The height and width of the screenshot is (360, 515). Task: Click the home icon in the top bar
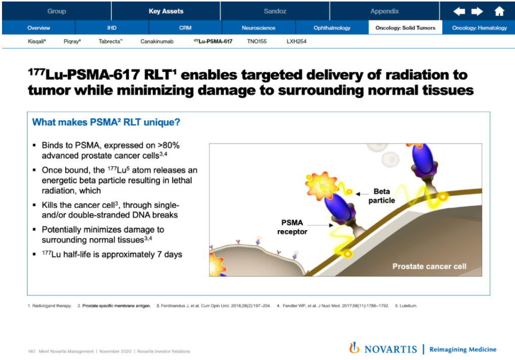click(x=499, y=11)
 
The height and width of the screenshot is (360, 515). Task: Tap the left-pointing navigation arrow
click(x=459, y=12)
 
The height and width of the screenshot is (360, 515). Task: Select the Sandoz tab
click(x=275, y=11)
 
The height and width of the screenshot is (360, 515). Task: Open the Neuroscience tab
click(x=259, y=28)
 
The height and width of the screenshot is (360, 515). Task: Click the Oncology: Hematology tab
click(x=479, y=28)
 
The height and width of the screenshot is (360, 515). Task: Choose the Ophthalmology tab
click(x=332, y=28)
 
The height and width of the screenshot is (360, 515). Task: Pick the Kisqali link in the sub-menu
click(x=37, y=41)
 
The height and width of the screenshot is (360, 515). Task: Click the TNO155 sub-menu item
click(x=257, y=41)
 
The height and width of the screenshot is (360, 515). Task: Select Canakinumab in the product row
click(x=157, y=41)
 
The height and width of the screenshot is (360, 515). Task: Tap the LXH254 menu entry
click(x=296, y=41)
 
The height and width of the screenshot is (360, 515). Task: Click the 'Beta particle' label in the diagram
click(x=381, y=196)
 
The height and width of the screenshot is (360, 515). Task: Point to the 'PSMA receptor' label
click(x=292, y=227)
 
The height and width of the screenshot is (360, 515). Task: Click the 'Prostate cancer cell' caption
click(x=430, y=266)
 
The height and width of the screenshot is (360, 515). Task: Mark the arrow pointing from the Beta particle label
click(x=362, y=194)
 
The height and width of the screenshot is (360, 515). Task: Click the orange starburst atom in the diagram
click(x=321, y=186)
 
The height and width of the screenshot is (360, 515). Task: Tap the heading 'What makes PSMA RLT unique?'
click(x=106, y=122)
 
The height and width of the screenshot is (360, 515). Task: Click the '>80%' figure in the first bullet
click(x=168, y=146)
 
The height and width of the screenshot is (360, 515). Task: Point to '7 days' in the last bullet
click(x=169, y=254)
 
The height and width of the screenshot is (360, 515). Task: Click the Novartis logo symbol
click(x=354, y=348)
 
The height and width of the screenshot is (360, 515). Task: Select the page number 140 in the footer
click(x=31, y=351)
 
